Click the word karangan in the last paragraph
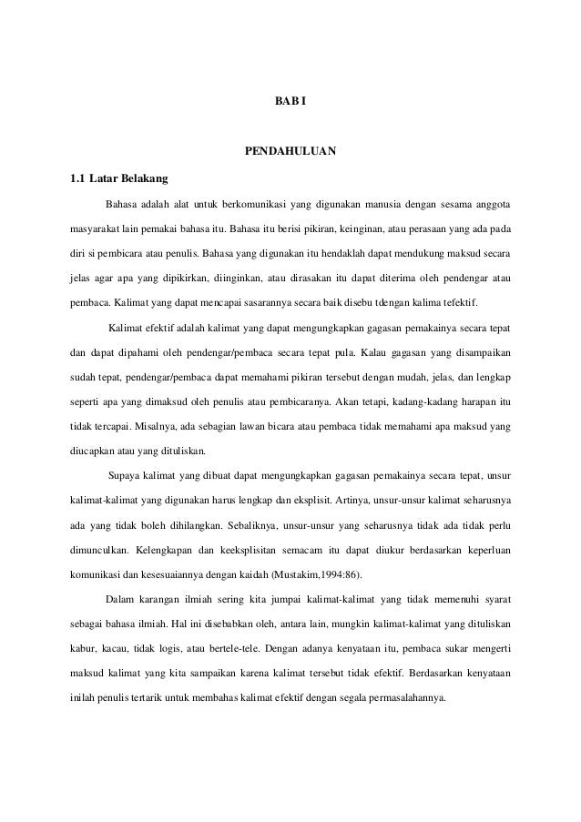click(151, 600)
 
